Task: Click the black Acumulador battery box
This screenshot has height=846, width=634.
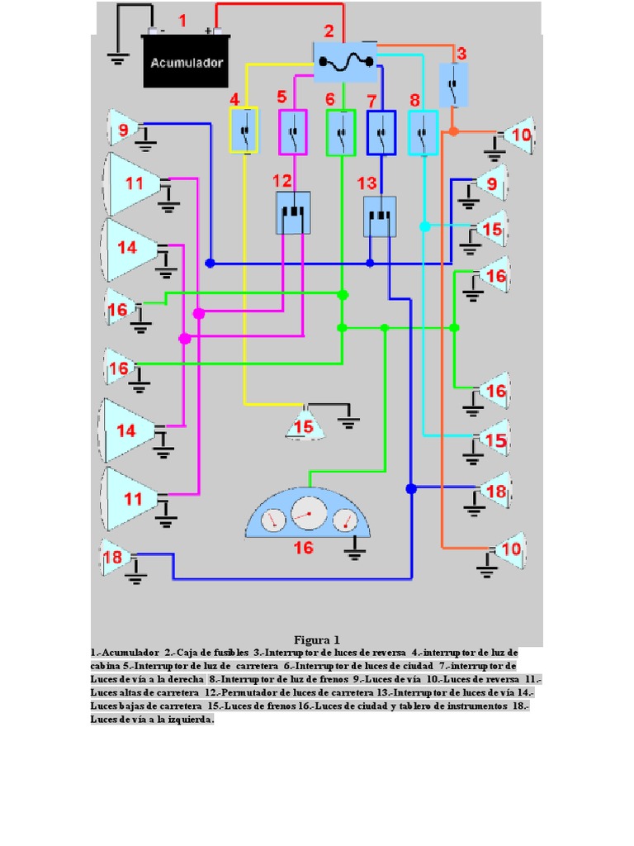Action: point(186,61)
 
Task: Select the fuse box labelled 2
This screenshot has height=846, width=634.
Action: point(345,60)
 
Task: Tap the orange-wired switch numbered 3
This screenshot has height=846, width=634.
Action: point(452,84)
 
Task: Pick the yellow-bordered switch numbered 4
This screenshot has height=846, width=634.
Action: point(244,131)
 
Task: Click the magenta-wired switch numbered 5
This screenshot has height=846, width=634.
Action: point(292,131)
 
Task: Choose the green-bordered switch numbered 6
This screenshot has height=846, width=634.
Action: point(340,132)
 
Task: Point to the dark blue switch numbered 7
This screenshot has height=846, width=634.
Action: point(381,132)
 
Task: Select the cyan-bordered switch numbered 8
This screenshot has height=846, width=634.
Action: point(423,132)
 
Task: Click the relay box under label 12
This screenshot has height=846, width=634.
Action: point(292,212)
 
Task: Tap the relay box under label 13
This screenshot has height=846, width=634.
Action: point(380,216)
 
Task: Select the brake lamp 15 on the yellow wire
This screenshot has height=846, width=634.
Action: point(305,425)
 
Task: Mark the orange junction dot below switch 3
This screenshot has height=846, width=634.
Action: point(453,131)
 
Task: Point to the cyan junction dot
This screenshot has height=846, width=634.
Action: point(424,226)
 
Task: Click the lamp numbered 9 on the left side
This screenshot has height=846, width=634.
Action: point(123,129)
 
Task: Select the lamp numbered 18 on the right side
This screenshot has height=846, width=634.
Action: point(496,492)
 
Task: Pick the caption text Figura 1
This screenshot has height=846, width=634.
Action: point(317,640)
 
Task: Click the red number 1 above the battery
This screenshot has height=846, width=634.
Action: point(182,21)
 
